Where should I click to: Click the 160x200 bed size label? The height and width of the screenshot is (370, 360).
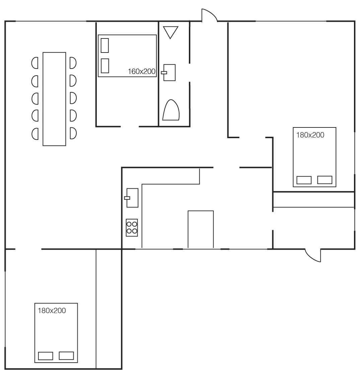(142, 71)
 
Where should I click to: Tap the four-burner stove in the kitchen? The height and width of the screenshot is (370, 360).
(132, 228)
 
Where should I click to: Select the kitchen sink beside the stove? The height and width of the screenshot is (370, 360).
(132, 198)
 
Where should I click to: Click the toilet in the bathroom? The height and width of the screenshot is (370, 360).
(171, 110)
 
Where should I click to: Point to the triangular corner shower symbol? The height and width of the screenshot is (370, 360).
(170, 32)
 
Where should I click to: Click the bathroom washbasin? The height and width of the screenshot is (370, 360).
(169, 73)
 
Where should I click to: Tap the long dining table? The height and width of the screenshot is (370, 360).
(54, 99)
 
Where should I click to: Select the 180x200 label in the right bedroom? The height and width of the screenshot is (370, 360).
(310, 135)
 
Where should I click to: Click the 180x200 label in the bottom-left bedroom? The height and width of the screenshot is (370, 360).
(52, 310)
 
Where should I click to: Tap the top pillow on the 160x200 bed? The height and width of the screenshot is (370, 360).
(104, 45)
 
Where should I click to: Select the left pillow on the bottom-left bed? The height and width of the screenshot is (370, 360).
(46, 356)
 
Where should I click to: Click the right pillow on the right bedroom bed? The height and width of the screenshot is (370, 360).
(325, 180)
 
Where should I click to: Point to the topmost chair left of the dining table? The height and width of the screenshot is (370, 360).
(35, 63)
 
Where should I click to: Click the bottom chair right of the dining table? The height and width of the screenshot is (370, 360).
(73, 133)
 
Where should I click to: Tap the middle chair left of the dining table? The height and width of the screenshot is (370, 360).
(35, 98)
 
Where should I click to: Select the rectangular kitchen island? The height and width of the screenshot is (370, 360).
(201, 229)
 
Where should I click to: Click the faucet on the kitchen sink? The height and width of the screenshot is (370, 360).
(127, 198)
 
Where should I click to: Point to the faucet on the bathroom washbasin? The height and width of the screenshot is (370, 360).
(164, 73)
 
